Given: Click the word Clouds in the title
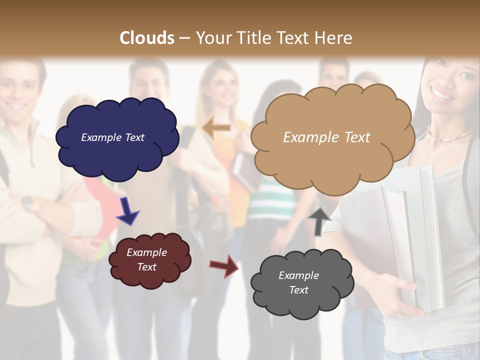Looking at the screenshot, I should [x=147, y=38].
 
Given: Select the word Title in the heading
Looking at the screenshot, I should [x=253, y=38].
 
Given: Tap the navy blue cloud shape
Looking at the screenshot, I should [x=117, y=150].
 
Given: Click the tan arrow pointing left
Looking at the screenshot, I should [x=216, y=128].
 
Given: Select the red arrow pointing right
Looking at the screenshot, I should [x=224, y=265].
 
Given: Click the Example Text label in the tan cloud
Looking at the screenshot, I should [x=326, y=137].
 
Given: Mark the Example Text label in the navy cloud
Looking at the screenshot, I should [x=112, y=137].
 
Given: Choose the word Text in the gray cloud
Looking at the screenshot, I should [x=298, y=290].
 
